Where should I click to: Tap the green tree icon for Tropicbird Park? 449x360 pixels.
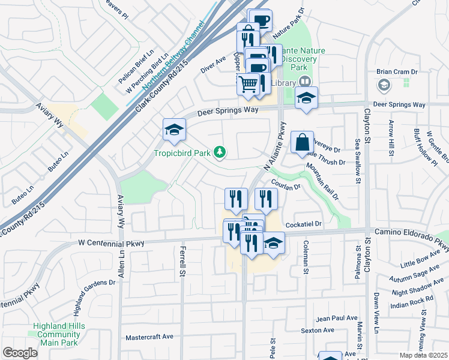[221, 152]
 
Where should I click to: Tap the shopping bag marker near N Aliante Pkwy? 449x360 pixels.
[302, 143]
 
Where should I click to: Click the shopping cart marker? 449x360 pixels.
[247, 83]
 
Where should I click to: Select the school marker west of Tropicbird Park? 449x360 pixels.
[174, 130]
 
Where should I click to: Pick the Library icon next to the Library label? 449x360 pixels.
[305, 82]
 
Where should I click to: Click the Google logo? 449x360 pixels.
[20, 352]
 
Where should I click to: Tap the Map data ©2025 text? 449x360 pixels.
[423, 355]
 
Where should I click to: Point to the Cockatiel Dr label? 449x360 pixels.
[304, 224]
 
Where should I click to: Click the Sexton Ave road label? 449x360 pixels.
[318, 330]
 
